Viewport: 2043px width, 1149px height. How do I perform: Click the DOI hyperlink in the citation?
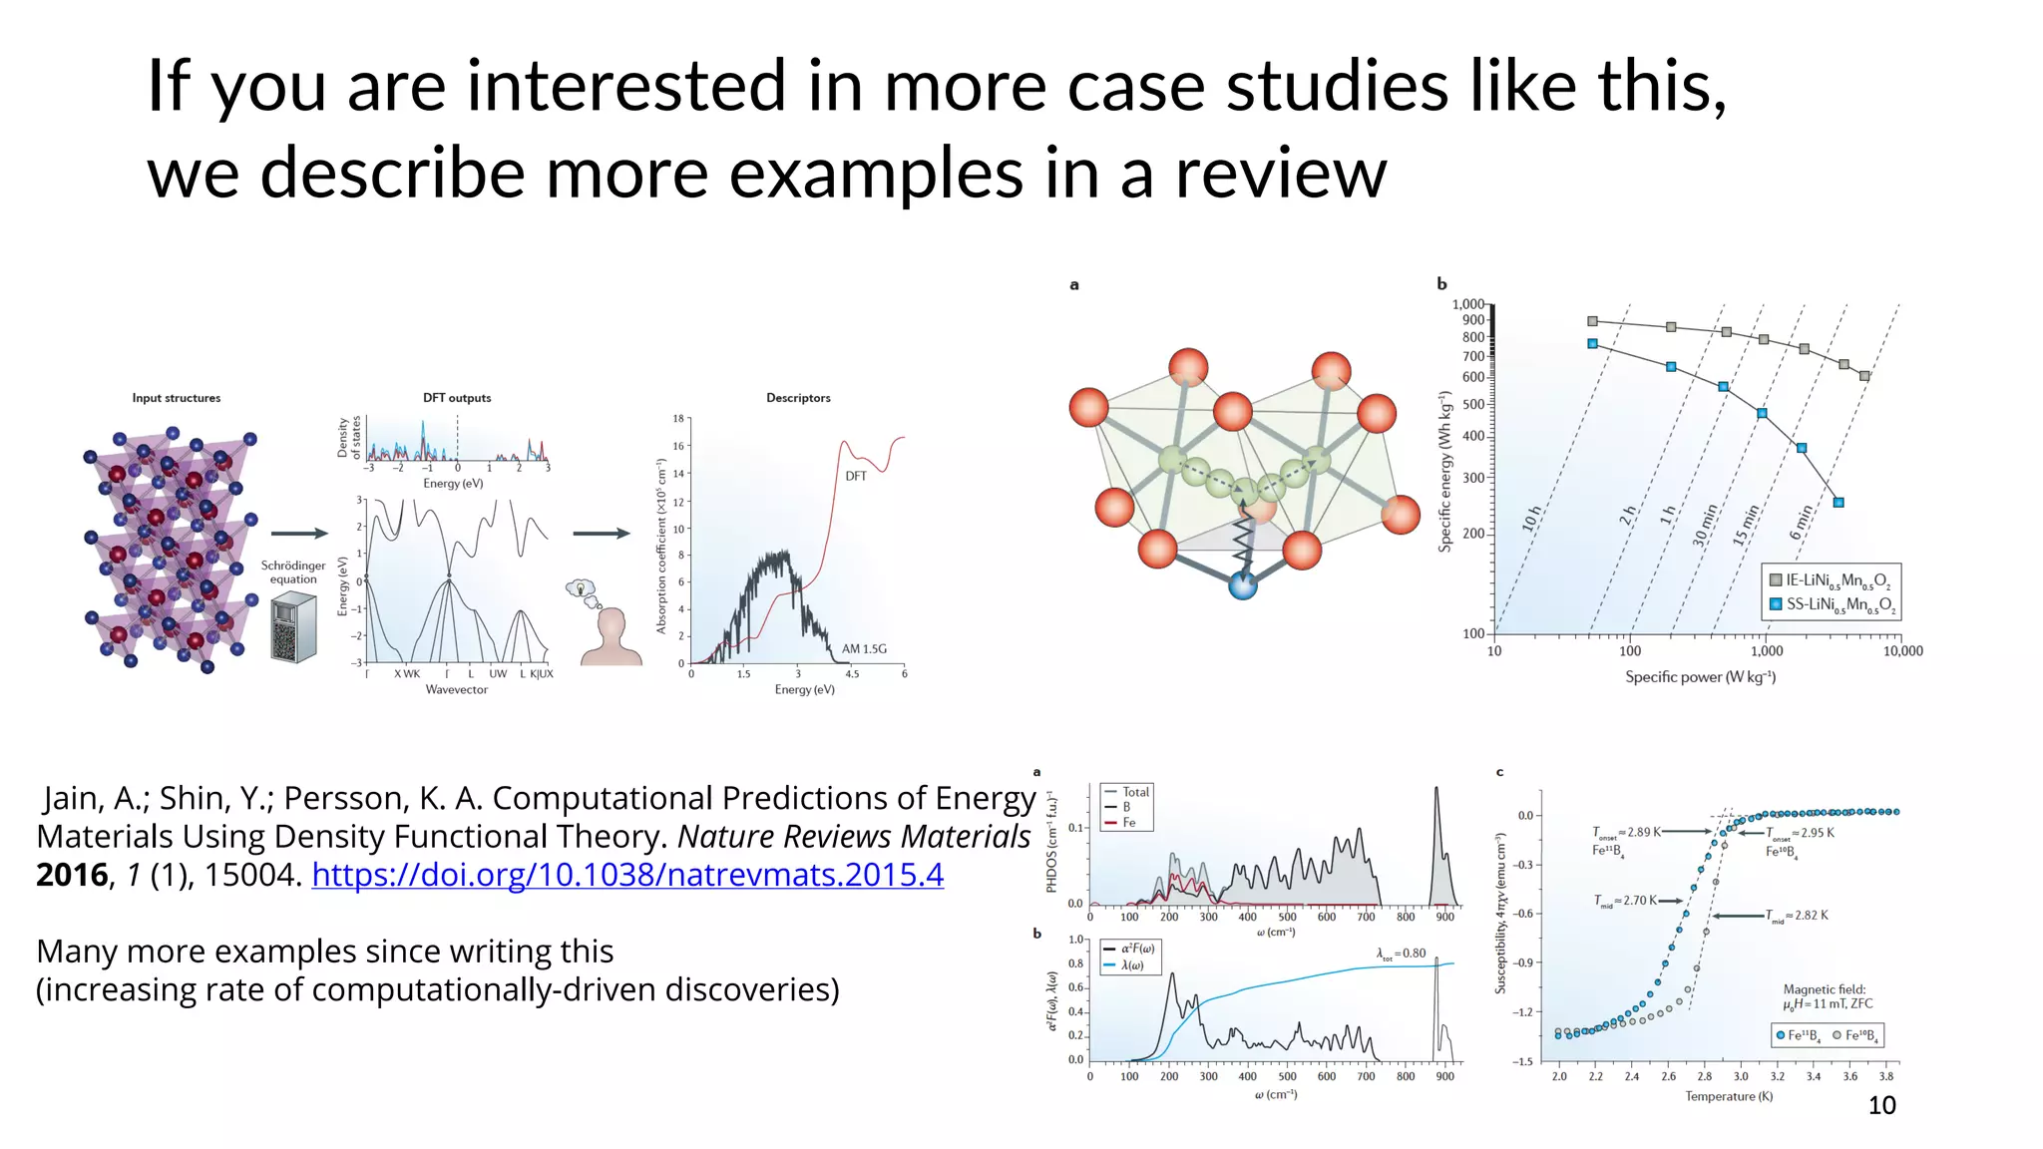(x=627, y=875)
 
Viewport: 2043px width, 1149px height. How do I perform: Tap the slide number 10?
(x=1881, y=1105)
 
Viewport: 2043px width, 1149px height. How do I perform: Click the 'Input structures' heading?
(x=177, y=398)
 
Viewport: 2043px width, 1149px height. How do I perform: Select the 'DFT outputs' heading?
(x=457, y=398)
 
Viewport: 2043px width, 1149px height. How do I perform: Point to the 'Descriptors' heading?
(x=798, y=398)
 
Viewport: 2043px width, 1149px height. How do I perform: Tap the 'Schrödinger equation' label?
(x=293, y=572)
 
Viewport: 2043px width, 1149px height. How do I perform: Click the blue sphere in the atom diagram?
(x=1242, y=585)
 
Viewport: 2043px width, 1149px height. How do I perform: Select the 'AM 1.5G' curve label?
(x=864, y=649)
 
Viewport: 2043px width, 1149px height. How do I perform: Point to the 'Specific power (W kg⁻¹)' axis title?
(x=1700, y=677)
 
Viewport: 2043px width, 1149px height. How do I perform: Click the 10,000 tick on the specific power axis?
(x=1902, y=651)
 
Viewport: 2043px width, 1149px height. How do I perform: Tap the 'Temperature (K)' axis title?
(x=1729, y=1096)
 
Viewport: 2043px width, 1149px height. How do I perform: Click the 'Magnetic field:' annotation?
(x=1824, y=989)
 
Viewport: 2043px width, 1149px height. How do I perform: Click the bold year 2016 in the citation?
(x=72, y=875)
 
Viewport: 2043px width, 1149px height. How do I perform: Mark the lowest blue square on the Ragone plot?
(x=1839, y=503)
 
